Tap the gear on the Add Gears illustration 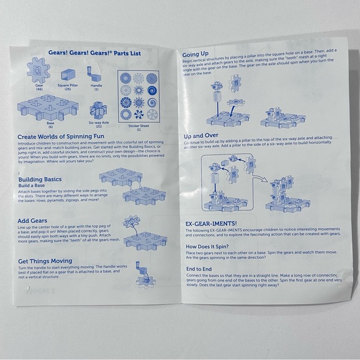[x=130, y=220]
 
